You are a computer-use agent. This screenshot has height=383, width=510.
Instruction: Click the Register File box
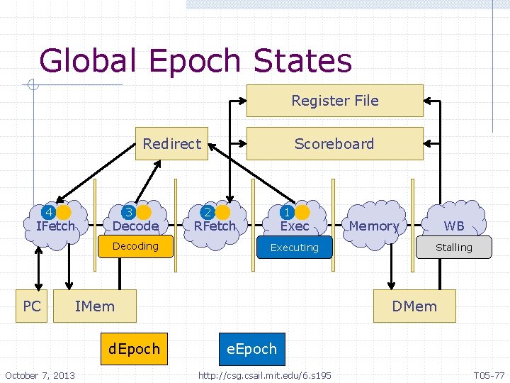point(334,101)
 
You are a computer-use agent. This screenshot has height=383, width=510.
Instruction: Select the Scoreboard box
point(334,143)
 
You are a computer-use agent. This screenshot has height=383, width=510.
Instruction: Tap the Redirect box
point(171,143)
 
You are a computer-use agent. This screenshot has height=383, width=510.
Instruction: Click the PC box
point(32,306)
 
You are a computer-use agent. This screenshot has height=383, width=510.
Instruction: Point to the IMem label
point(94,306)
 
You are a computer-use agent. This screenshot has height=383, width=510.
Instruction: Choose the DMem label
point(414,306)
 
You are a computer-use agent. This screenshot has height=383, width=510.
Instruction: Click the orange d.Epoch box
point(134,349)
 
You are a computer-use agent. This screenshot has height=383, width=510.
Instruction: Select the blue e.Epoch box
point(251,349)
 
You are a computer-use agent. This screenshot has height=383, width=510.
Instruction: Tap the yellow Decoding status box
point(135,246)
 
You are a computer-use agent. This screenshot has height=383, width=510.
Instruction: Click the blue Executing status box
point(294,248)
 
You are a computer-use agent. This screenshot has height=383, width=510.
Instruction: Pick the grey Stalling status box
point(453,248)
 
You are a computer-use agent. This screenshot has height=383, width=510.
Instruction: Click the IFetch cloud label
point(55,226)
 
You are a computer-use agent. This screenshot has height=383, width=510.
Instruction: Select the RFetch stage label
point(215,226)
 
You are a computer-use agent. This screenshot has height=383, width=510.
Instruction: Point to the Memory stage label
point(373,226)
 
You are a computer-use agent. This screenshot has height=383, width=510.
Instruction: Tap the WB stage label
point(454,226)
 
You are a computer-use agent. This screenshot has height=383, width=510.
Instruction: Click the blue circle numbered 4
point(50,212)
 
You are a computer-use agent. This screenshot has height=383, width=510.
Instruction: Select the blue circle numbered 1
point(288,212)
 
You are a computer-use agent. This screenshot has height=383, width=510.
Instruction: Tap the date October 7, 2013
point(40,374)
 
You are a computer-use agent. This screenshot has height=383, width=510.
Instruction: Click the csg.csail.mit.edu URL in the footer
point(264,374)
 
